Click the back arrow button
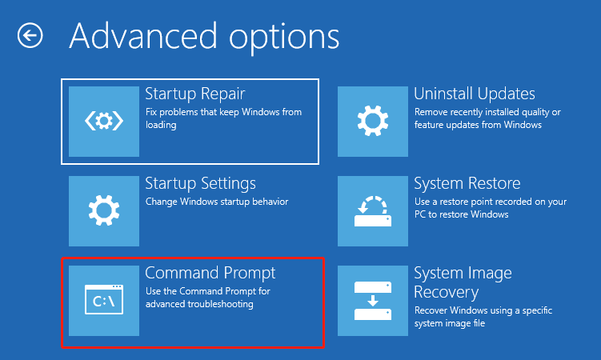30,36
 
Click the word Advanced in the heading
143,36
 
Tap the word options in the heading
284,39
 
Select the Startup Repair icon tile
104,122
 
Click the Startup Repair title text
195,94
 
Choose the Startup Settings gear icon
104,210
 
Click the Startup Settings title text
200,184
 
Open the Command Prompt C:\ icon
104,300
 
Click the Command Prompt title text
210,274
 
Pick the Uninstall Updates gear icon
373,121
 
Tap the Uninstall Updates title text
475,94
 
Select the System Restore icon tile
373,211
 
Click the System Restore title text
467,183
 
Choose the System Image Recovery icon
373,301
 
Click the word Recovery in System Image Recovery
447,293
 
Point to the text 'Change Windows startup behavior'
217,202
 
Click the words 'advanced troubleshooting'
199,304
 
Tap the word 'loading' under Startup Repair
161,126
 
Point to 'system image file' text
450,324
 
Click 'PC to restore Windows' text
462,214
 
